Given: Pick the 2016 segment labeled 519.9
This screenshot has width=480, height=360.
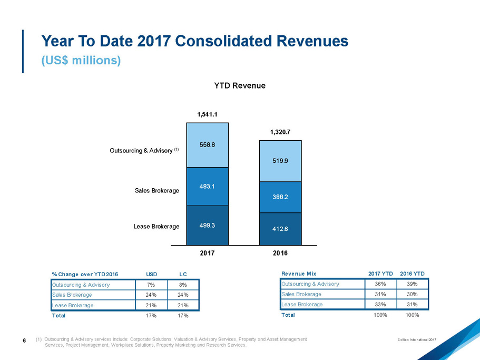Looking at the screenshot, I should (x=280, y=161).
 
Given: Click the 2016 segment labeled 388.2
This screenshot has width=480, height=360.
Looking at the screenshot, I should (x=280, y=197).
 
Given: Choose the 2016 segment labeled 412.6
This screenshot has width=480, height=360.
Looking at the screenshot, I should (x=280, y=229).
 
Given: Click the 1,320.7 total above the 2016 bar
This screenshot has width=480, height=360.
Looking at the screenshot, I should (x=280, y=132).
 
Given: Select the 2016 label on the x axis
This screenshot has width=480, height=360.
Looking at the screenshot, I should (x=280, y=254).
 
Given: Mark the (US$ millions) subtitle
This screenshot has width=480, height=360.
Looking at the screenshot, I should (x=82, y=61).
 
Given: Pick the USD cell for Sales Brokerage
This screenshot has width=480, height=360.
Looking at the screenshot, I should (x=151, y=295).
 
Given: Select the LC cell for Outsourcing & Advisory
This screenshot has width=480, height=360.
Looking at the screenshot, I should (x=183, y=285).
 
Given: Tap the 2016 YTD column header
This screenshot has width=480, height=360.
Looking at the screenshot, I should (x=412, y=273).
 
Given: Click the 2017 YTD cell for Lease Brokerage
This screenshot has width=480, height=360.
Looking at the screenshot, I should (x=380, y=304).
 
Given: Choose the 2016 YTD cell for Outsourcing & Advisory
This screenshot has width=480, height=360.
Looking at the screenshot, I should (x=412, y=284).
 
